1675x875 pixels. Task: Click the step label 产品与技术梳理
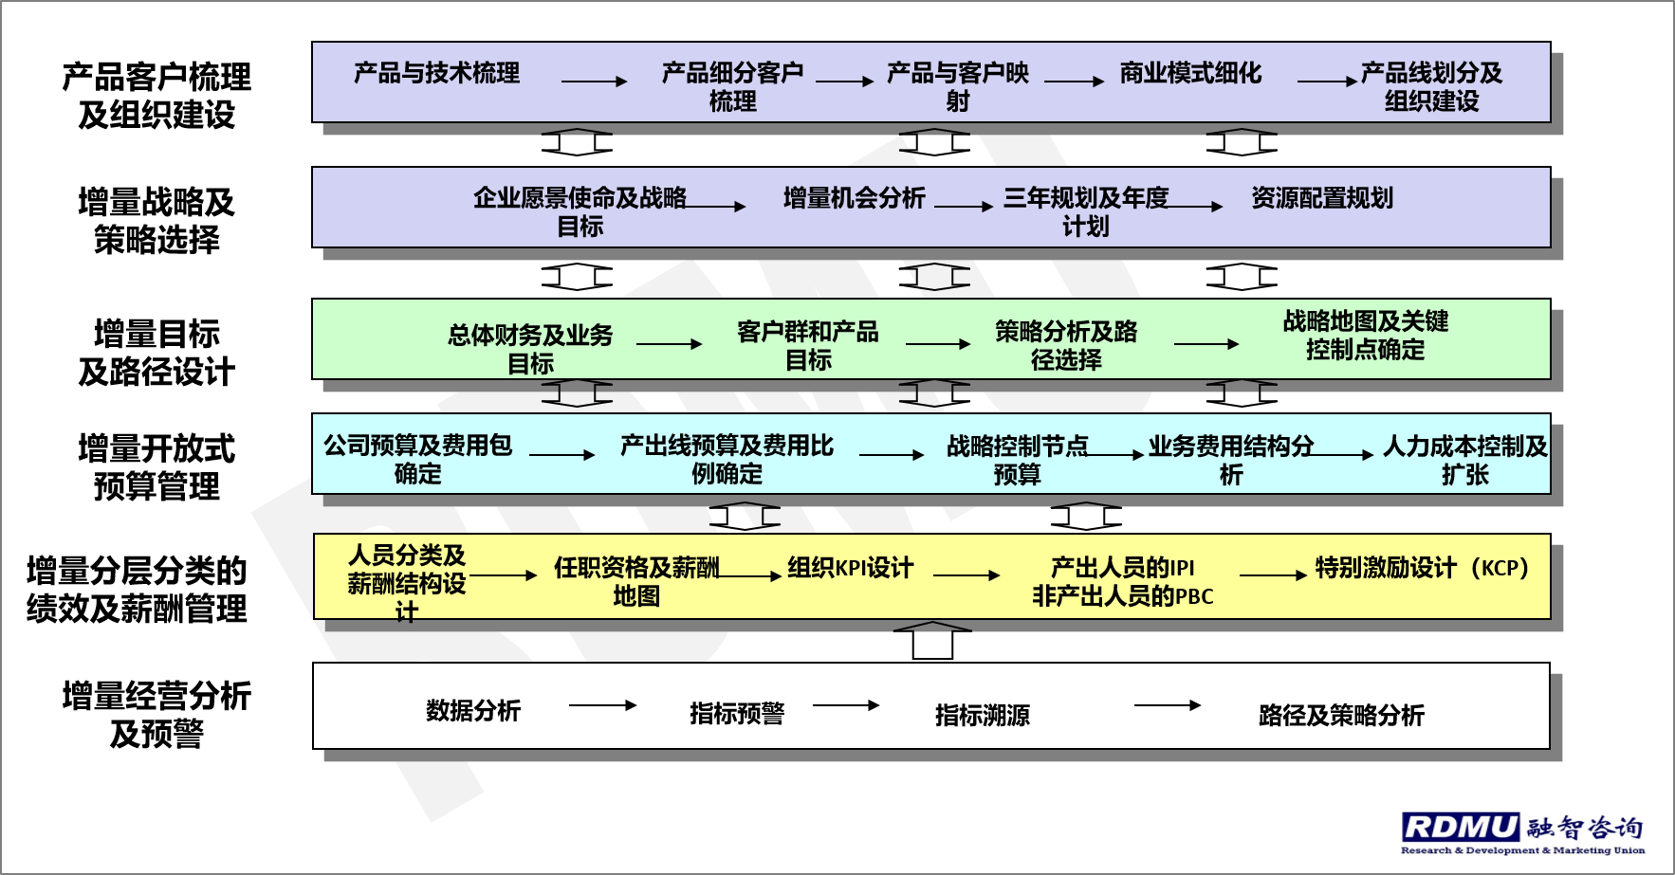point(436,73)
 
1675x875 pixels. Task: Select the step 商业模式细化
point(1190,73)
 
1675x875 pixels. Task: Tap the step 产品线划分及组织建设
point(1431,86)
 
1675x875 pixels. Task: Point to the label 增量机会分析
point(854,198)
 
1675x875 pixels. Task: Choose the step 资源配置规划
point(1322,198)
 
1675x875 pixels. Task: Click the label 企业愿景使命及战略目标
point(580,211)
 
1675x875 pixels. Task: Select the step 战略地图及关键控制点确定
point(1365,336)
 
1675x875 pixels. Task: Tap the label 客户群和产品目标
point(808,346)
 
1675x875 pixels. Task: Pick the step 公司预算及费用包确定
point(417,459)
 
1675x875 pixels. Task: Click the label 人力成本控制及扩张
point(1464,460)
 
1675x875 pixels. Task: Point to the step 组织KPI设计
point(850,568)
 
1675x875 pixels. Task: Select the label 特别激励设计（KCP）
point(1422,568)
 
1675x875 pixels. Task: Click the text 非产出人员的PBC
point(1122,596)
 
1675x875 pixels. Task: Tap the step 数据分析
point(473,711)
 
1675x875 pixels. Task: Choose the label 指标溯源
point(982,715)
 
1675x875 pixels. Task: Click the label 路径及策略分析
point(1341,715)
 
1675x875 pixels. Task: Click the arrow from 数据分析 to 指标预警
point(602,704)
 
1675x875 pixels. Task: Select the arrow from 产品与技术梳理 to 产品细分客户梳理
point(594,82)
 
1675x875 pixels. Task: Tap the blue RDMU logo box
point(1462,828)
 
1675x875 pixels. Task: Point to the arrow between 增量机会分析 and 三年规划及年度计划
point(963,206)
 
